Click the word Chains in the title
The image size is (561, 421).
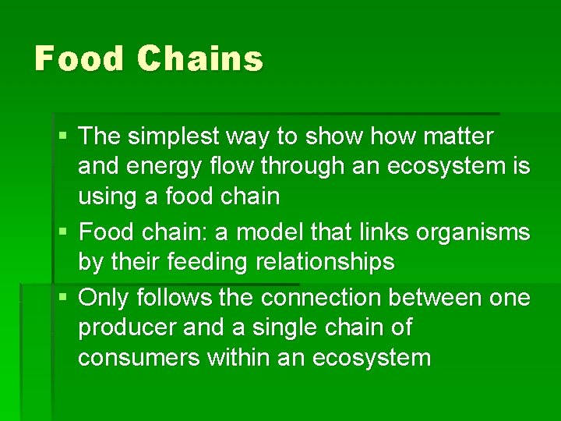click(199, 59)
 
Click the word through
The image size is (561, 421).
click(305, 166)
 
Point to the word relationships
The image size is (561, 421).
click(331, 262)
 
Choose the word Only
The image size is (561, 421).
click(106, 297)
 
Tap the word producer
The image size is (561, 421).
click(127, 328)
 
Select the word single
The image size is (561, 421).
click(286, 328)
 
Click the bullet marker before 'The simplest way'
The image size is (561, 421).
click(62, 137)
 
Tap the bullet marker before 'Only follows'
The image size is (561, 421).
click(62, 298)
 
